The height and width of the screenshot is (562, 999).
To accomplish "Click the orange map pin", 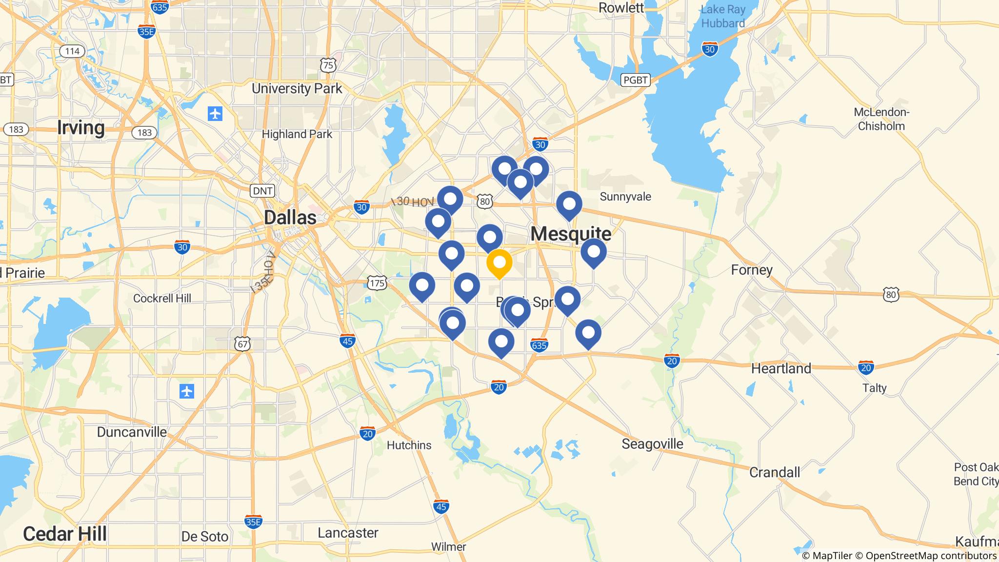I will (x=499, y=263).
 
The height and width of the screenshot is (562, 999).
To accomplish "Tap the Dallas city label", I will (x=290, y=218).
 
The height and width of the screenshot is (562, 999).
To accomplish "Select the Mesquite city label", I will (x=571, y=234).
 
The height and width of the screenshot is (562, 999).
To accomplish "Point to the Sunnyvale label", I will (x=625, y=197).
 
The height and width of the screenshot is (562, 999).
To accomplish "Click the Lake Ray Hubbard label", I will (x=722, y=17).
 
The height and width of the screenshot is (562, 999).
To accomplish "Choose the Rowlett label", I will (x=621, y=8).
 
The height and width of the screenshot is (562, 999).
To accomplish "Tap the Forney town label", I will (x=752, y=270).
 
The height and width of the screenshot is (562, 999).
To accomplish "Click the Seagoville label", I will (x=652, y=444).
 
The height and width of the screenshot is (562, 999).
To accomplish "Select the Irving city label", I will (x=81, y=128).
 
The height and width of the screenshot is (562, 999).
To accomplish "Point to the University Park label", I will (x=297, y=89).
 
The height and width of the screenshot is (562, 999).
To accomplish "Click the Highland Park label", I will (x=297, y=134).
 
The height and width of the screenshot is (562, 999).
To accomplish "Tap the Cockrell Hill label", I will (x=162, y=298).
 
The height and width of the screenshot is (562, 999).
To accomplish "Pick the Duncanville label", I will (x=132, y=432).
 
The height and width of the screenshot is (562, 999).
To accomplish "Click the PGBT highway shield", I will (x=636, y=80).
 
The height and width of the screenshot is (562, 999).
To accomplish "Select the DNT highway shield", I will (x=262, y=191).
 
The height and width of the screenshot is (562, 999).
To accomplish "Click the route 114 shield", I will (x=72, y=51).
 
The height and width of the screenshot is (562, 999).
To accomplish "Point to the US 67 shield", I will (x=242, y=344).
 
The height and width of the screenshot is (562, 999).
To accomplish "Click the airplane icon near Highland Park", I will (x=215, y=114).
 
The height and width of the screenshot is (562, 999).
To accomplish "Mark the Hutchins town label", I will (x=409, y=445).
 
